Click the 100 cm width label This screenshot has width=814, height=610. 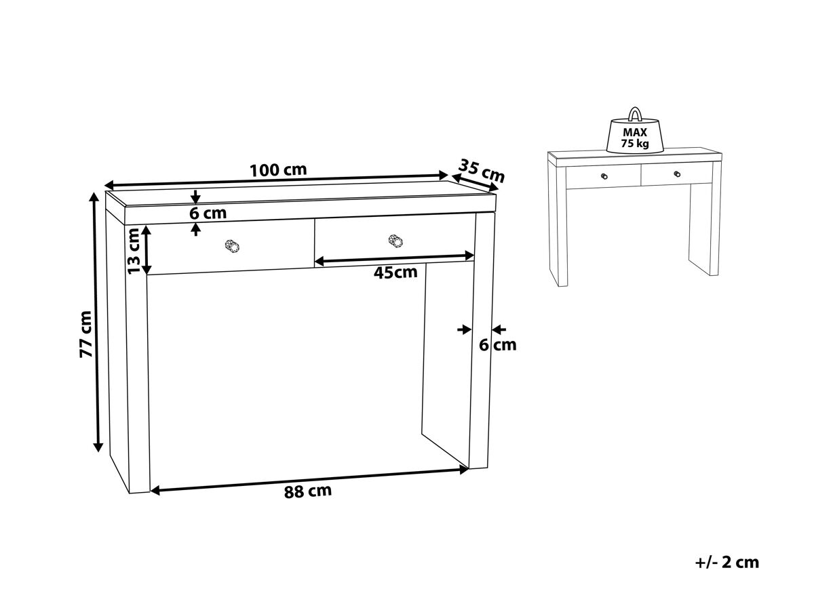(278, 170)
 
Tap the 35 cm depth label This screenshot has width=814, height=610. (482, 171)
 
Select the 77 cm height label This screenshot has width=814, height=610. (86, 334)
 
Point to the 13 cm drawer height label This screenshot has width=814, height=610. (134, 251)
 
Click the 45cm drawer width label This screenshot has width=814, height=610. (395, 272)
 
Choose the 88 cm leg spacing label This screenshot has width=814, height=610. (308, 491)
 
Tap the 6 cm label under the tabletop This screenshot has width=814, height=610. (208, 213)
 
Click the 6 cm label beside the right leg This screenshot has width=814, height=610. (498, 345)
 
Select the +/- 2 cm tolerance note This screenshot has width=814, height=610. (727, 563)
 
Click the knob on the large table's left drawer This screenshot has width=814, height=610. (232, 246)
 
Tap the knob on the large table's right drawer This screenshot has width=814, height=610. (395, 241)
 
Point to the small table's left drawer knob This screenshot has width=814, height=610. (604, 176)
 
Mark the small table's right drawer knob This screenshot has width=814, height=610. (677, 174)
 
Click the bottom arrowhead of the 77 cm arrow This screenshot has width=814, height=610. (98, 447)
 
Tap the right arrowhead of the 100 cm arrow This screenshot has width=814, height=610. (444, 176)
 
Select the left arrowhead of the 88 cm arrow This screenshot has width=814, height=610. (155, 491)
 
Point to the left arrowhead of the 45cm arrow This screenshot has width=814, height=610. (319, 262)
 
